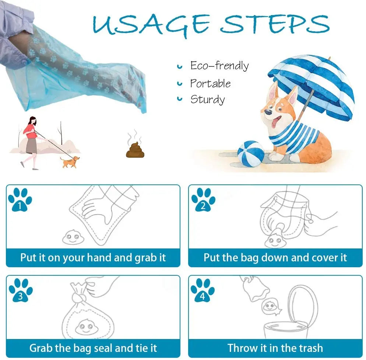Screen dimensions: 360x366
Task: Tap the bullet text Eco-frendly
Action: click(x=219, y=66)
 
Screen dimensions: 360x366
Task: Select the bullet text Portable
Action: click(x=210, y=83)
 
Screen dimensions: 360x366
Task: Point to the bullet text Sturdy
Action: click(x=207, y=99)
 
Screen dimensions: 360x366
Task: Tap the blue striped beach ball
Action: click(x=251, y=153)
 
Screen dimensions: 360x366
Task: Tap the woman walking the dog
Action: click(x=30, y=142)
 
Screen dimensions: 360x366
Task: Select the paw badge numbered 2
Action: click(x=203, y=200)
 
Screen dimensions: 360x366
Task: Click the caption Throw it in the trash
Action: click(x=275, y=348)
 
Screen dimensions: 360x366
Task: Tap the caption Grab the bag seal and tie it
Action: click(x=93, y=348)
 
